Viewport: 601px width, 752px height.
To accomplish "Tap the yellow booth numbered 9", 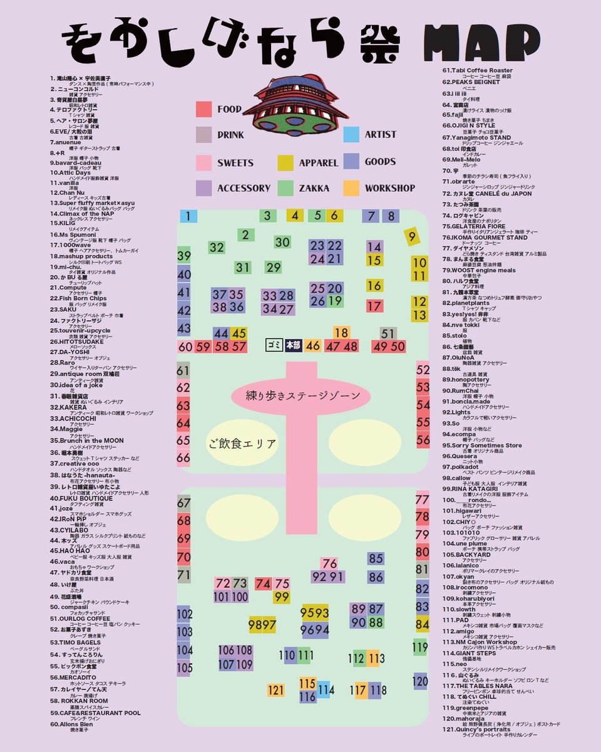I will [x=411, y=237].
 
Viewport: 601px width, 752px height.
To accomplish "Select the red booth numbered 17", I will [x=374, y=306].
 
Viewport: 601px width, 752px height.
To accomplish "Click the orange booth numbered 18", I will [x=341, y=333].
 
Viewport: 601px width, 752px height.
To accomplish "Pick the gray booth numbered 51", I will [x=388, y=333].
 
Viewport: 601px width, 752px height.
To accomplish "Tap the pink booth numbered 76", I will [x=329, y=563].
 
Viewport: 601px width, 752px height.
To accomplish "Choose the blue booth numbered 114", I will [x=324, y=690].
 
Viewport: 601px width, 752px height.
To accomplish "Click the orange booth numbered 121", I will [x=276, y=690].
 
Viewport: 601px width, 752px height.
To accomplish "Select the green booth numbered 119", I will [x=420, y=647].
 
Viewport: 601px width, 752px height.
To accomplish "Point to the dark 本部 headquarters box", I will [x=293, y=345].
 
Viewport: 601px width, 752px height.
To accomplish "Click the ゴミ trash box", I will [x=274, y=345].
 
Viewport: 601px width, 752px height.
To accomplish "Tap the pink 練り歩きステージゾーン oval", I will [x=302, y=396].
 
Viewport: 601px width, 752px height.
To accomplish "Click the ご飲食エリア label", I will [x=242, y=444].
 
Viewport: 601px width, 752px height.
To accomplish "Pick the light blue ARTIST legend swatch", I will [x=351, y=134].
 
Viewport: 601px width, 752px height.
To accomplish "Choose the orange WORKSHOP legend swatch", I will [x=351, y=187].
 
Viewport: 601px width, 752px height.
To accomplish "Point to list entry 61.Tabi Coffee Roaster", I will [x=478, y=70].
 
